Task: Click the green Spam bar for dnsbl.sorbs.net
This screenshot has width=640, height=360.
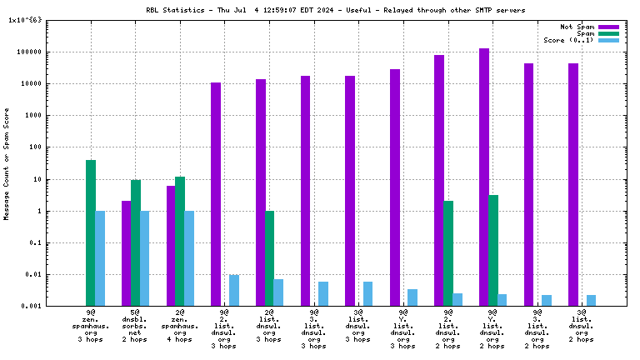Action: tap(135, 242)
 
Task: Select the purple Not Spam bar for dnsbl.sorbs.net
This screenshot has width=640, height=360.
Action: tap(126, 253)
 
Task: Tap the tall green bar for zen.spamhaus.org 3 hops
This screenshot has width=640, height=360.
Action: tap(90, 232)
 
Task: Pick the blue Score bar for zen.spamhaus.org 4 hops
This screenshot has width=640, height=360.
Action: tap(189, 258)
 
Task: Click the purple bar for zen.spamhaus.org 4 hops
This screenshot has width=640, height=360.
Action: tap(171, 246)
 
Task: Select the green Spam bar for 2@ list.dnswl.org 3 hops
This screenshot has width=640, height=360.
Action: tap(269, 258)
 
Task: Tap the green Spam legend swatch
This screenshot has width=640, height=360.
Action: tap(609, 33)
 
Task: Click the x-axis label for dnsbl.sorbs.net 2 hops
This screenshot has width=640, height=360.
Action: tap(135, 325)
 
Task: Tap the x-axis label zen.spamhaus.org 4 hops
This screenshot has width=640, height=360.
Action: tap(180, 325)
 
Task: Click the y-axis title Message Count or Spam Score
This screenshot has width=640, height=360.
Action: tap(7, 163)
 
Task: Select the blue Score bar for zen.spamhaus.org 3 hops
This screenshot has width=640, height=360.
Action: tap(100, 258)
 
